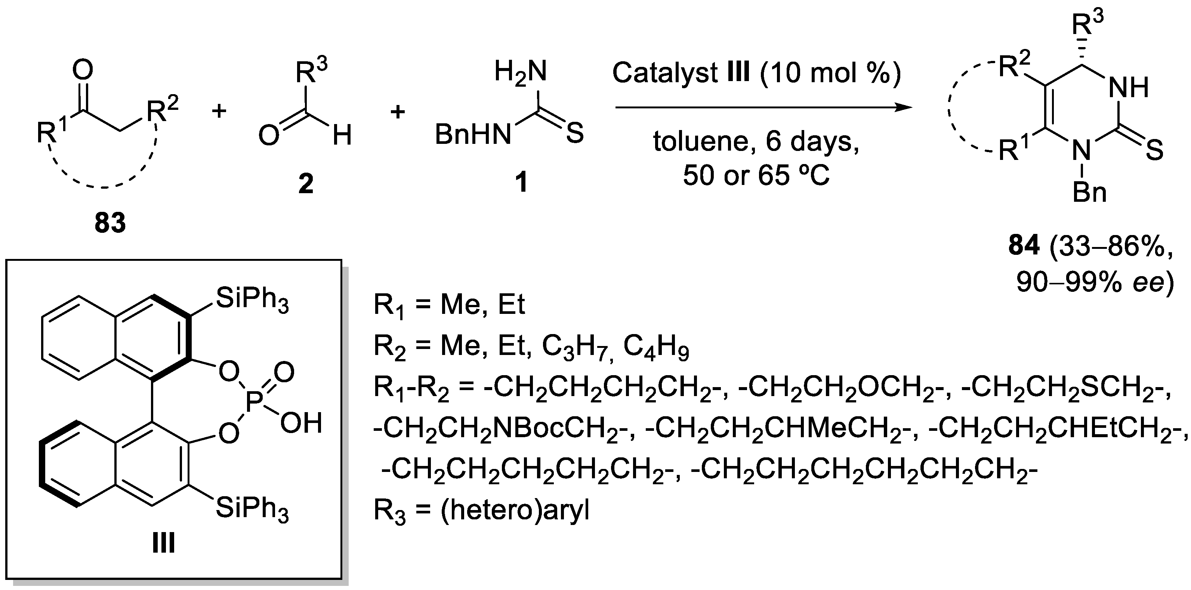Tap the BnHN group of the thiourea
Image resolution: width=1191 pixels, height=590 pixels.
472,135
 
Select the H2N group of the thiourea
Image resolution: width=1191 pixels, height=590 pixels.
521,72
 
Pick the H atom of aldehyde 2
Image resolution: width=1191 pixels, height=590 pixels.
342,136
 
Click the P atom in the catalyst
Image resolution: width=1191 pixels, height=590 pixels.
254,402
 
